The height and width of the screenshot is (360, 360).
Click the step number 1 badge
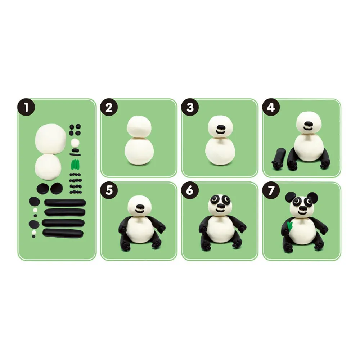(x=26, y=107)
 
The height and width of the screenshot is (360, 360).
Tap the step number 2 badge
(x=109, y=107)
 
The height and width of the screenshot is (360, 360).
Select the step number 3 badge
(x=190, y=107)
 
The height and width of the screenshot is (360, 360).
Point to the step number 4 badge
(x=271, y=107)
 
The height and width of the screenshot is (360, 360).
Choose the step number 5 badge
(x=109, y=190)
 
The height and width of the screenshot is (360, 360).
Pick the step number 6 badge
(x=190, y=190)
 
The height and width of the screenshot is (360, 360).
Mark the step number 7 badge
(x=271, y=190)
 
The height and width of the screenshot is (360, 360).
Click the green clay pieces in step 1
(x=75, y=164)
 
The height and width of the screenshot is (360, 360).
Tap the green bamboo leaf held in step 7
(x=290, y=226)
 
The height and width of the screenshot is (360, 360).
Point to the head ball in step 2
(x=139, y=127)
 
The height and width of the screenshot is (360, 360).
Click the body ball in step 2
(x=139, y=151)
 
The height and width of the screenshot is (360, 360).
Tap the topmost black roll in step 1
(x=65, y=203)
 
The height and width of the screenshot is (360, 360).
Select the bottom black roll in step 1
(x=63, y=233)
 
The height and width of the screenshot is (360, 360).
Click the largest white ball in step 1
(x=50, y=138)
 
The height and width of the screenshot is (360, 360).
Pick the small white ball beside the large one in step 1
(x=75, y=143)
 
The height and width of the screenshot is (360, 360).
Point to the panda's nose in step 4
(x=307, y=125)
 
